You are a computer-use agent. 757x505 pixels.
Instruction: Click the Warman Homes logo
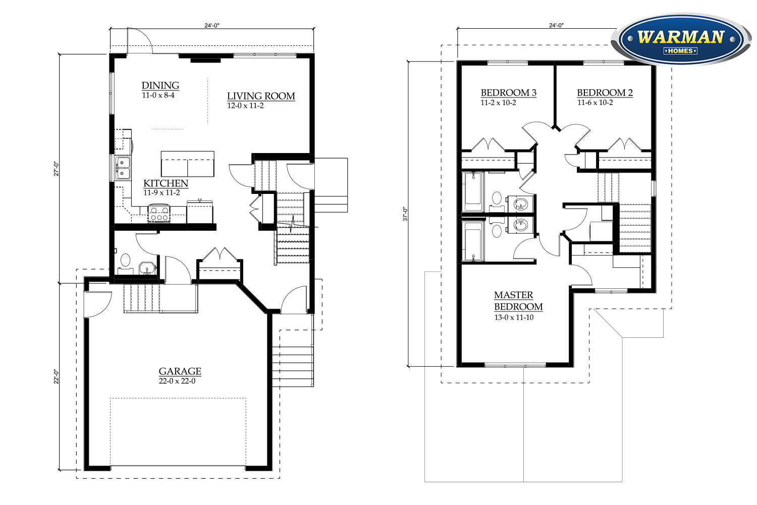click(681, 39)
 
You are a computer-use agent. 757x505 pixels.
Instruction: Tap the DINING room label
click(160, 85)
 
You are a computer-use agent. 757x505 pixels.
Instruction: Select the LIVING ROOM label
click(261, 96)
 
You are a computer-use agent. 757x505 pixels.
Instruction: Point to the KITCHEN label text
click(166, 183)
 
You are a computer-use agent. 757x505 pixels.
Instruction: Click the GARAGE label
click(180, 371)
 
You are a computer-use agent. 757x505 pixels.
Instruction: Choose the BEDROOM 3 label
click(509, 93)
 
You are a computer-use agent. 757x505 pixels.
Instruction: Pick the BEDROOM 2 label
click(605, 93)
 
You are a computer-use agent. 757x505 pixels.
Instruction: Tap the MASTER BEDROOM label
click(518, 300)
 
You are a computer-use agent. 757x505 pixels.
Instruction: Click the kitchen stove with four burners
click(159, 214)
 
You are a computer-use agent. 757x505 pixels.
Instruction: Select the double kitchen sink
click(123, 168)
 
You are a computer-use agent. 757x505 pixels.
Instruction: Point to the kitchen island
click(188, 164)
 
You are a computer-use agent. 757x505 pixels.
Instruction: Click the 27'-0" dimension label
click(57, 169)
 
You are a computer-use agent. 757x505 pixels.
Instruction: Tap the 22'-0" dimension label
click(57, 376)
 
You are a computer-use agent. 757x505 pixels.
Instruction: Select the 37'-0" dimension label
click(405, 214)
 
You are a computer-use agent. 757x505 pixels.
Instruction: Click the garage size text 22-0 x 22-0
click(177, 381)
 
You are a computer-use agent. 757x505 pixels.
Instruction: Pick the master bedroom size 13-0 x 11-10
click(514, 318)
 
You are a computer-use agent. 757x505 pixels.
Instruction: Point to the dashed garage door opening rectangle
click(178, 432)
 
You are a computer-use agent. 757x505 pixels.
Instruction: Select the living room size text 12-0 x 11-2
click(245, 106)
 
